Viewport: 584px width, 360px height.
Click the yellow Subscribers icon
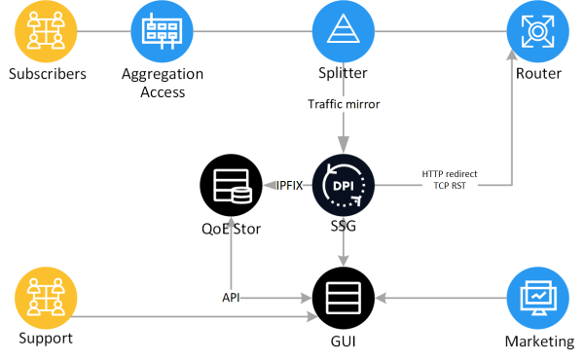pos(46,31)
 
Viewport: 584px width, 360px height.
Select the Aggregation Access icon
pos(162,31)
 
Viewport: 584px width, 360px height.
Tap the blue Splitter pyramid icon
pos(344,31)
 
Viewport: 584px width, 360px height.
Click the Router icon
pos(538,31)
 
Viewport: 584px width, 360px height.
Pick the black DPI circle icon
pos(344,185)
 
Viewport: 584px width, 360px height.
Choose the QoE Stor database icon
pos(232,185)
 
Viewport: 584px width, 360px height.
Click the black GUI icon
pos(344,298)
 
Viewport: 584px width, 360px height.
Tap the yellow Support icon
pos(46,298)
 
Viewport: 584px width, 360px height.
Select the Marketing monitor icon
pos(538,298)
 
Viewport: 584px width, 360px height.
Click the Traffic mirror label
pos(344,104)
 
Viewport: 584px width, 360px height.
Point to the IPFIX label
pos(289,186)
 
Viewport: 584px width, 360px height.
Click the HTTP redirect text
pos(450,174)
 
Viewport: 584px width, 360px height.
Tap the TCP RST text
pos(450,186)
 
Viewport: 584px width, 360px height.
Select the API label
pos(231,298)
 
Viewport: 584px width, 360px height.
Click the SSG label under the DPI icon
pos(344,226)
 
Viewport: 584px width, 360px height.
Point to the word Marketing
pos(539,342)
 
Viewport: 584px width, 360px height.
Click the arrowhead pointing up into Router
pos(512,54)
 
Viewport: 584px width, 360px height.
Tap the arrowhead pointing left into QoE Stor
pos(270,185)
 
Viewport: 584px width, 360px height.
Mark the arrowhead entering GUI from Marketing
pos(381,298)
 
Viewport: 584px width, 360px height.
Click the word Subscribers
pos(48,74)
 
